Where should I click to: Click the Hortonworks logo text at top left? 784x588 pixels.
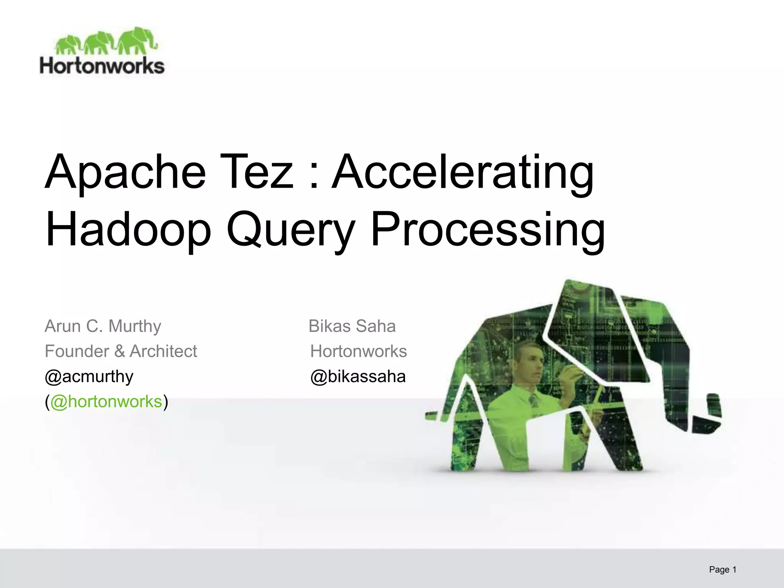click(x=102, y=66)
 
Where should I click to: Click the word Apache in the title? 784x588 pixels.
click(x=125, y=172)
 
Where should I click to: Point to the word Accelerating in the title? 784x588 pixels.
click(x=462, y=172)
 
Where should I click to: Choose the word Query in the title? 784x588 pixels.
click(x=289, y=230)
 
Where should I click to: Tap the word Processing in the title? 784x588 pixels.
click(x=488, y=230)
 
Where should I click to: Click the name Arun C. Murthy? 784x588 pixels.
click(x=103, y=326)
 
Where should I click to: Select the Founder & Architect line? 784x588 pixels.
click(x=121, y=351)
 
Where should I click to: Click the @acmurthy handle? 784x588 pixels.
click(x=89, y=376)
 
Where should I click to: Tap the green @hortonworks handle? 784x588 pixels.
click(x=106, y=402)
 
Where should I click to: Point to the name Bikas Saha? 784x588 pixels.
click(x=352, y=326)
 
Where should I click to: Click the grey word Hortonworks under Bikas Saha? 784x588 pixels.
click(x=358, y=351)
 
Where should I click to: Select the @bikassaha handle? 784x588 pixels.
click(x=358, y=376)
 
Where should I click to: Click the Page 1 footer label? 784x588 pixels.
click(x=722, y=569)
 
